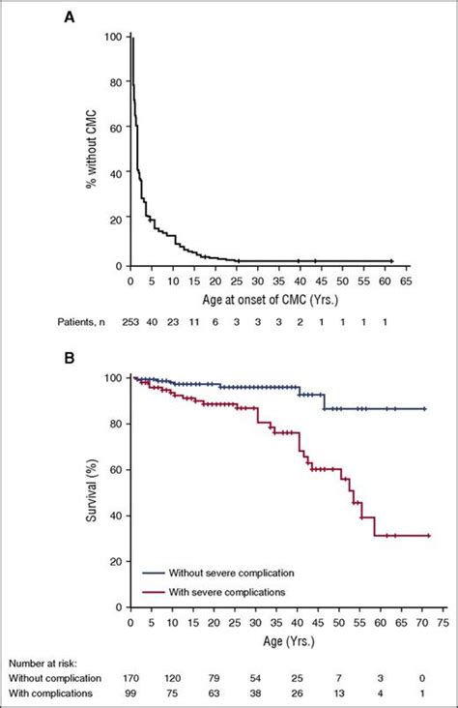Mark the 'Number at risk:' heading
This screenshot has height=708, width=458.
[x=46, y=664]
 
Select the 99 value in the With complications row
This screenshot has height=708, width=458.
[x=133, y=694]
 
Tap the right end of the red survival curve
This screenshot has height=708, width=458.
[x=428, y=535]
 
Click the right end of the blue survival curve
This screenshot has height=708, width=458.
[x=426, y=409]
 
